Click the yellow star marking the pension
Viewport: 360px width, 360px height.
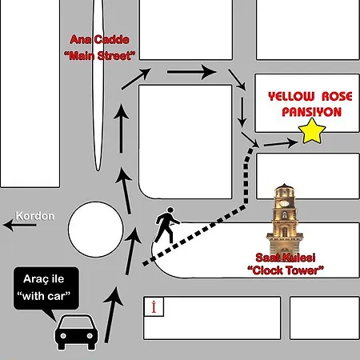[x=312, y=131]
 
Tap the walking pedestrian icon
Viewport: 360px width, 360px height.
[x=167, y=225]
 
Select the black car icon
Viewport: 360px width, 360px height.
[x=76, y=332]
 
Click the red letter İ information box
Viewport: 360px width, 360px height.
[x=154, y=306]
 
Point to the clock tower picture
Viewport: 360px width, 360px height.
[x=285, y=218]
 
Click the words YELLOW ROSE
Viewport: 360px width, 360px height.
[x=310, y=96]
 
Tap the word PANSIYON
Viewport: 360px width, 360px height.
[x=312, y=112]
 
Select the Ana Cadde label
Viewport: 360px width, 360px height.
[x=99, y=40]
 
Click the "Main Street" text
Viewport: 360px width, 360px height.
[x=99, y=56]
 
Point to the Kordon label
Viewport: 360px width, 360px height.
[x=35, y=216]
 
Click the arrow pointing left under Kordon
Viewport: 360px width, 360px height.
[x=19, y=225]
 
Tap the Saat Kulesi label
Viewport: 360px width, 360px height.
[x=286, y=258]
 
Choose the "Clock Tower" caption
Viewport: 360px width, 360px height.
[x=286, y=270]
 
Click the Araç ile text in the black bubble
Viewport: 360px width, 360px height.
[x=44, y=279]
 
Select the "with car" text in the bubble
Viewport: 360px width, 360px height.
[x=44, y=296]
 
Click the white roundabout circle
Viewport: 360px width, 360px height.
[x=96, y=230]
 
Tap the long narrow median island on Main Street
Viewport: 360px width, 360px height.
[x=98, y=86]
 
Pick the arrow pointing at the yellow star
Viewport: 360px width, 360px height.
[x=281, y=143]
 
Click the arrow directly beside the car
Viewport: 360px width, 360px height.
[x=112, y=314]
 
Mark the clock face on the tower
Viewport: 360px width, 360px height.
[x=285, y=204]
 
